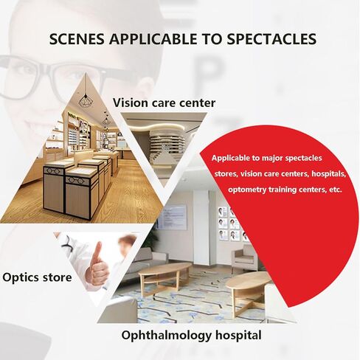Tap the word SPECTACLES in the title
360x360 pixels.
(x=271, y=38)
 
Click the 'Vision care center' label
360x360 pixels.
(x=164, y=103)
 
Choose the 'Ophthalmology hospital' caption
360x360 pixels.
(x=191, y=336)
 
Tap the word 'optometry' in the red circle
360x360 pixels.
(x=250, y=190)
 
